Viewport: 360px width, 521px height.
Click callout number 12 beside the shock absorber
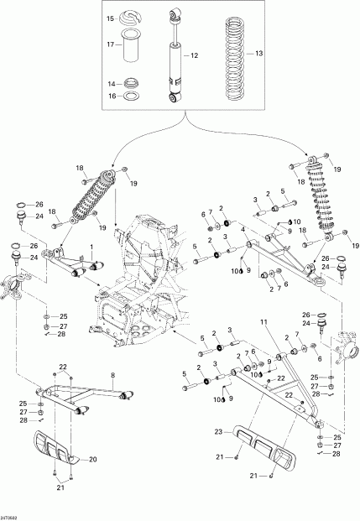(194, 55)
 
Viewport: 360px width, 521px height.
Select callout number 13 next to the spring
(258, 53)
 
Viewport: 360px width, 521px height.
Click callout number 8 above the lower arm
(112, 375)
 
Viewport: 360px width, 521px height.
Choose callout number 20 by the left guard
(93, 459)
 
